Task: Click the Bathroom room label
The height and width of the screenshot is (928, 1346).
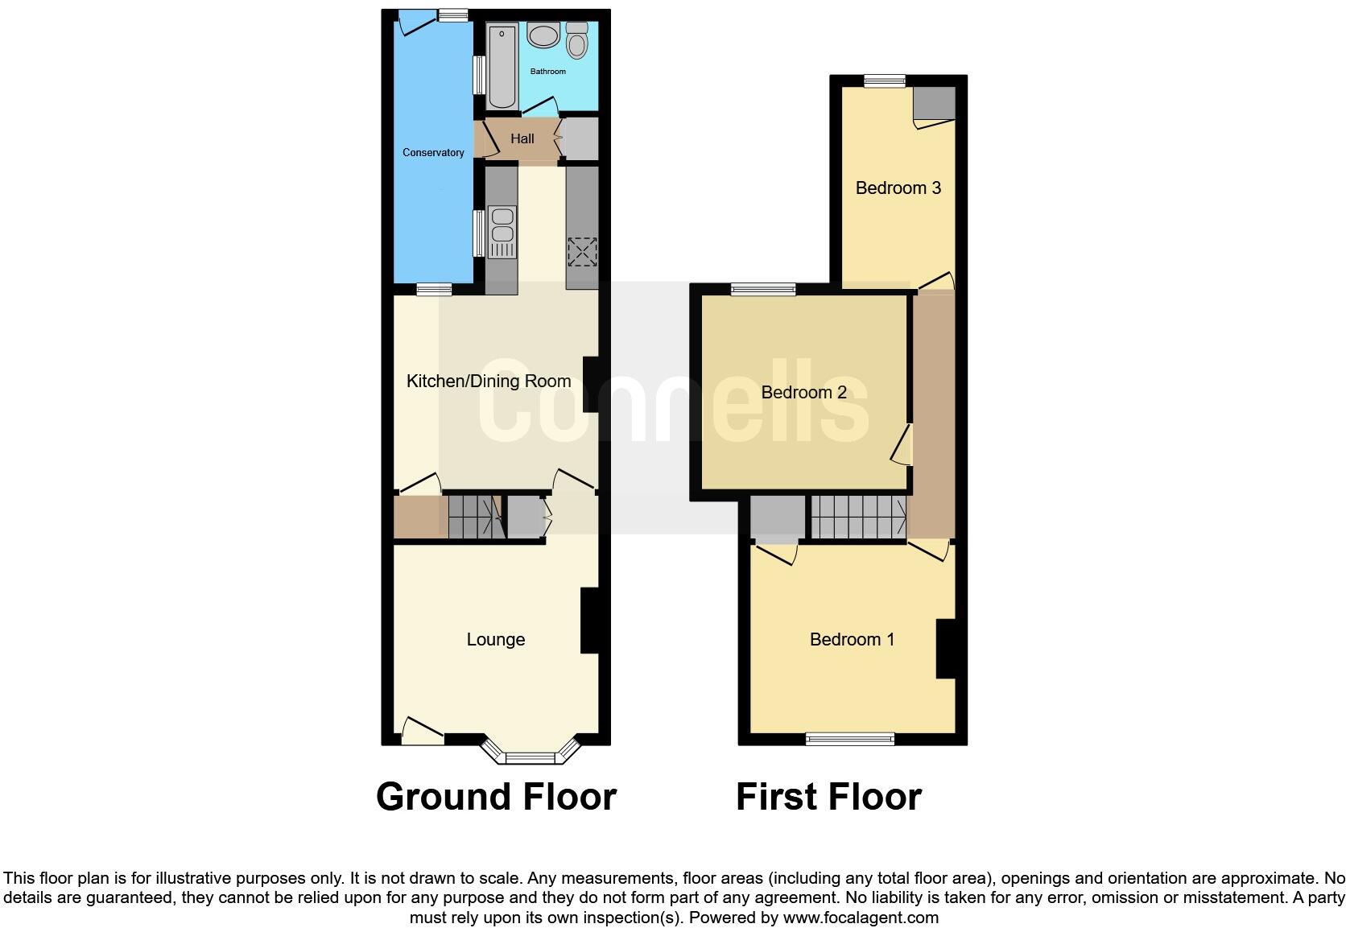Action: (547, 72)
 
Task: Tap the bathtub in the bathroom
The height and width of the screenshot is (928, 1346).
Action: (502, 66)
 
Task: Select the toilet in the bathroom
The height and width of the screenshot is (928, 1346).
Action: (576, 40)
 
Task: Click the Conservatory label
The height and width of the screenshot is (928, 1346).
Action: (433, 153)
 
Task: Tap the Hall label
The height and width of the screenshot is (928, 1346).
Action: (522, 139)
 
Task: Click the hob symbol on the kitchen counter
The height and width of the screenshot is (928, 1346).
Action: (582, 251)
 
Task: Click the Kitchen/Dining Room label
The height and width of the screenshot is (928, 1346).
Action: (489, 382)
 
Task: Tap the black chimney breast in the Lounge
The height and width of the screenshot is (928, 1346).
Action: (589, 621)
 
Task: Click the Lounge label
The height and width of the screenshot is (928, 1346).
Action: (496, 640)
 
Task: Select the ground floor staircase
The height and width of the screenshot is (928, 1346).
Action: (474, 517)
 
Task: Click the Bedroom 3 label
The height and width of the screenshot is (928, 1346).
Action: (898, 188)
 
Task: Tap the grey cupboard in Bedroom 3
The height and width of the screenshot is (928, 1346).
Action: (934, 103)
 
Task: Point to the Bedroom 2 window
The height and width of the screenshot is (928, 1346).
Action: (763, 289)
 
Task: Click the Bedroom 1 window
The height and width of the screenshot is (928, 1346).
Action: (850, 738)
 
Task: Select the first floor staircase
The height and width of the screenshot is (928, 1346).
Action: (858, 517)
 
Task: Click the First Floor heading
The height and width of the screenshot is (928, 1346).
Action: (828, 797)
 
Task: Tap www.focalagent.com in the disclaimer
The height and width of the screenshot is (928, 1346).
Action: (861, 918)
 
